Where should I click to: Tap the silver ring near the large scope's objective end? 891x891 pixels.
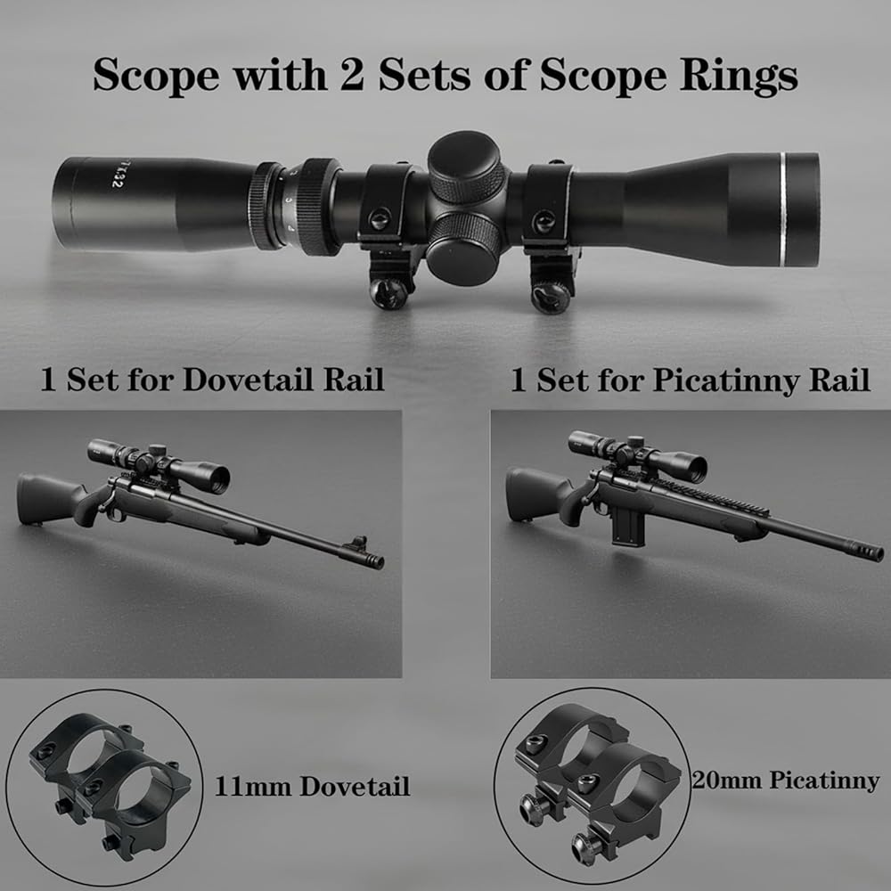click(784, 209)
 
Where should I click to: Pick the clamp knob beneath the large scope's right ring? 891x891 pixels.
click(550, 298)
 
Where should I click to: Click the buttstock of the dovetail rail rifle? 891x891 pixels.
click(48, 498)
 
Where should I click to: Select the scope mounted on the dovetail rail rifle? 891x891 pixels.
click(159, 463)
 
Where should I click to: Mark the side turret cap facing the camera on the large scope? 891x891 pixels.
click(463, 247)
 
